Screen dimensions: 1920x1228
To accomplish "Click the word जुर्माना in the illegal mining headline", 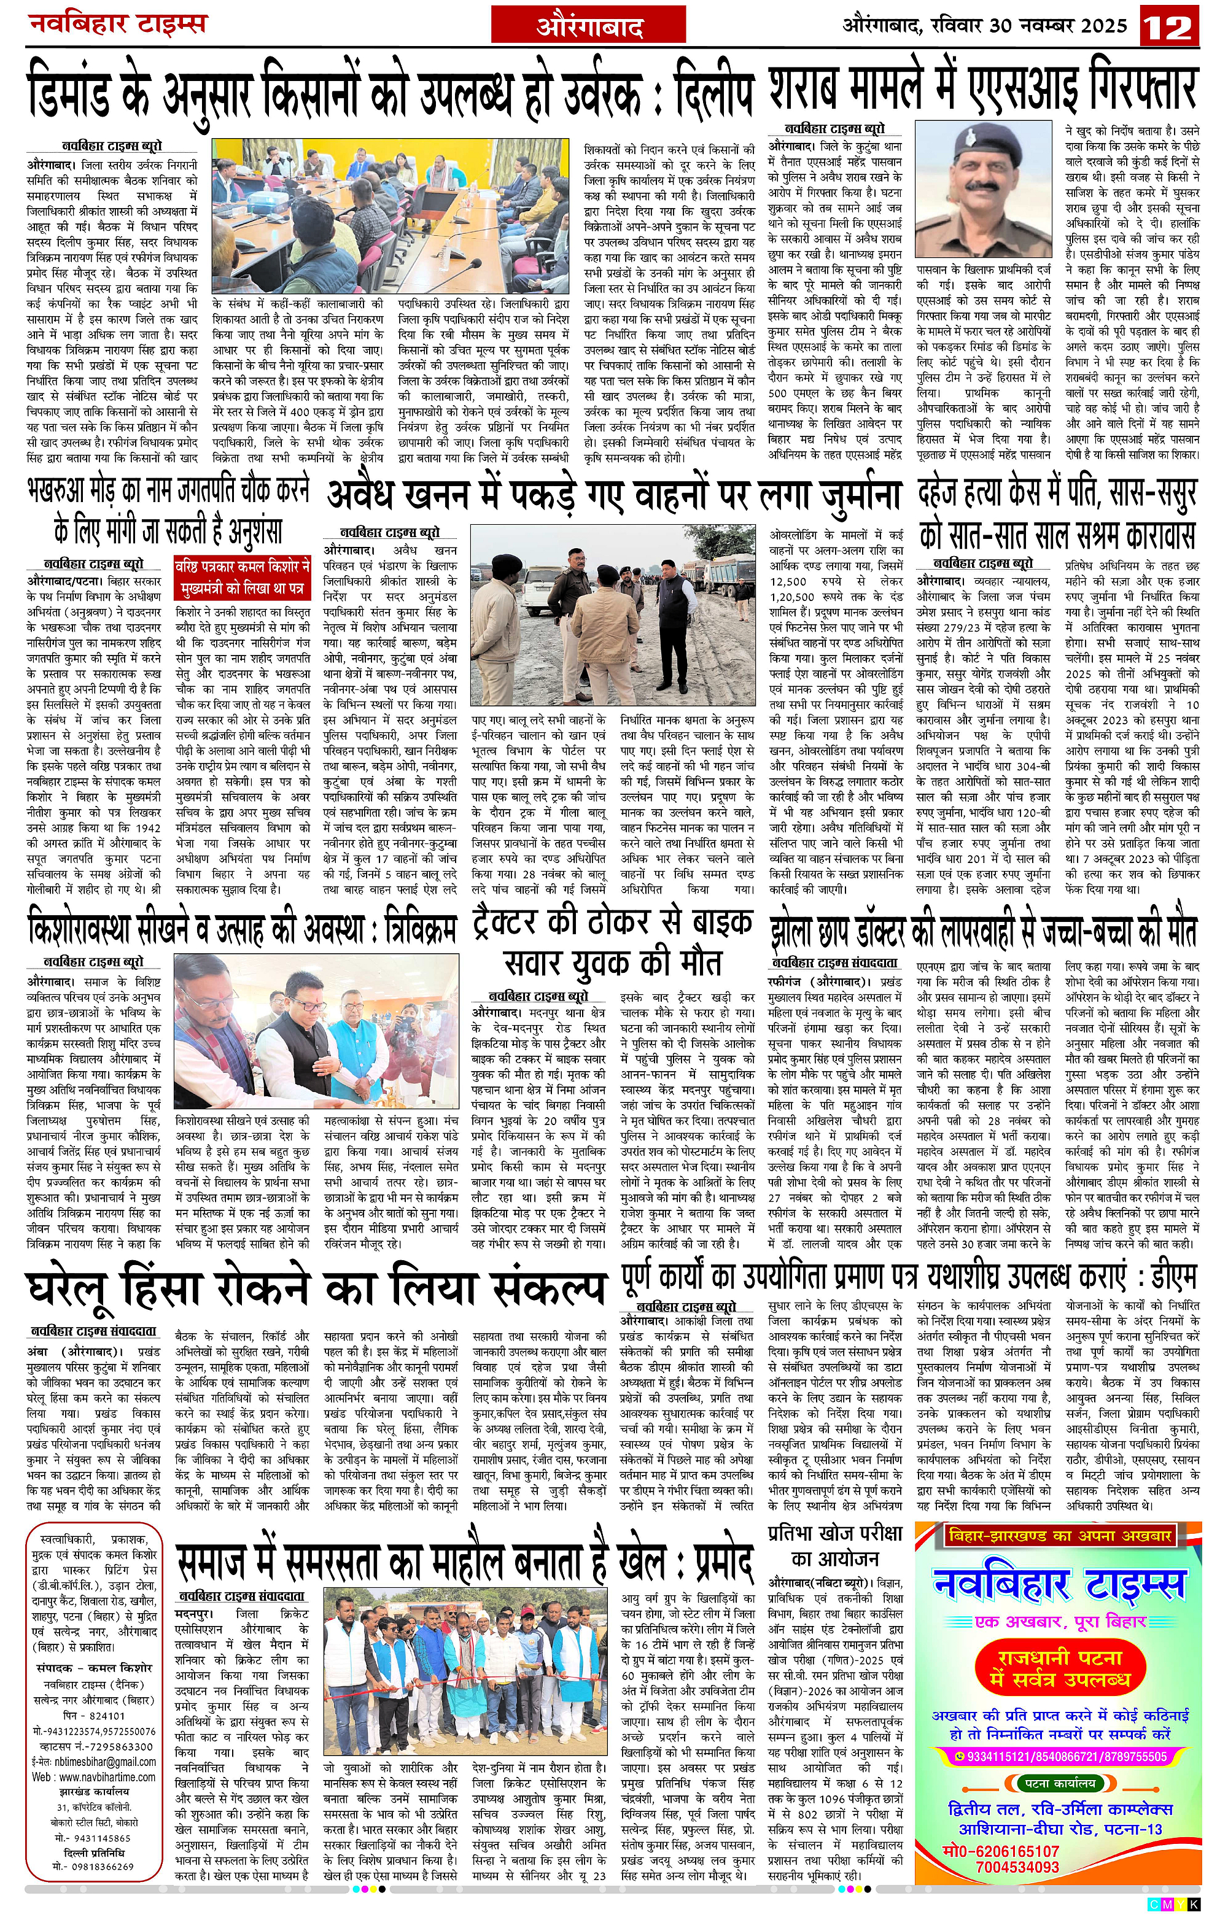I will point(837,496).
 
